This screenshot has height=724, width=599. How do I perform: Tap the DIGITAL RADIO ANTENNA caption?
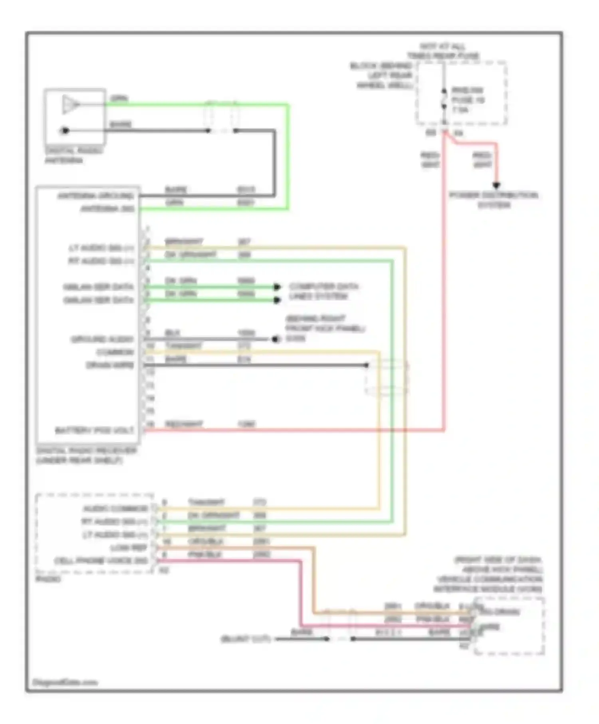click(x=73, y=156)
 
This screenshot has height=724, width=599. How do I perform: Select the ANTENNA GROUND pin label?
click(x=95, y=196)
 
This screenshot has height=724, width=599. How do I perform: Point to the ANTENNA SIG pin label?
click(x=107, y=209)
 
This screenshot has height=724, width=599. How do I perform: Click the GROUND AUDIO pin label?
click(x=102, y=340)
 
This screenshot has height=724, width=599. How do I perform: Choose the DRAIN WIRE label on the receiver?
click(x=110, y=365)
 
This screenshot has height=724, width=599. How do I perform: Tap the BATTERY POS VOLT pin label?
click(x=94, y=431)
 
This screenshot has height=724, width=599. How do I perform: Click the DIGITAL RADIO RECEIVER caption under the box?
click(x=86, y=455)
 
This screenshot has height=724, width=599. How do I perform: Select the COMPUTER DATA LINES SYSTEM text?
click(x=323, y=291)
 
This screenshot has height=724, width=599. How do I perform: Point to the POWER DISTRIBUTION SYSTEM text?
click(x=494, y=200)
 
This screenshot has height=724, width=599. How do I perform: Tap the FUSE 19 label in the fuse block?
click(x=468, y=100)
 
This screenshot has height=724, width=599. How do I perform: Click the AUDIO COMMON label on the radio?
click(x=115, y=509)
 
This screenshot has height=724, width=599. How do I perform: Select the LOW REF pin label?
click(x=129, y=548)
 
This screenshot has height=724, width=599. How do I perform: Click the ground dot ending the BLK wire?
click(x=275, y=340)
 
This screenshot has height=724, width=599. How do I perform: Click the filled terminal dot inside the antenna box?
click(x=65, y=131)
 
